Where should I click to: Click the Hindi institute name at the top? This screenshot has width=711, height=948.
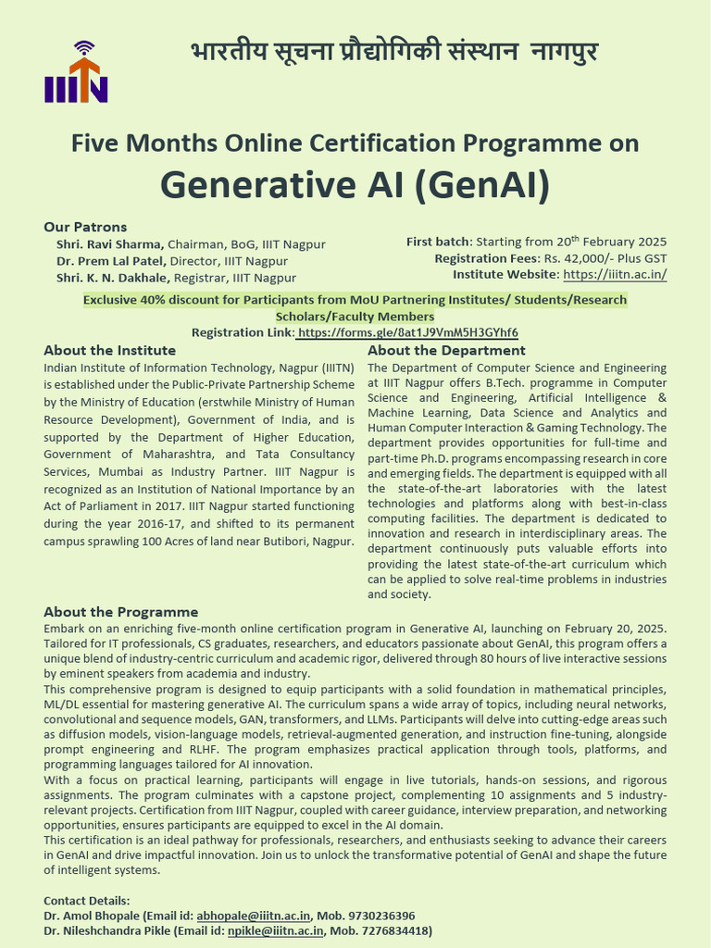pyautogui.click(x=394, y=52)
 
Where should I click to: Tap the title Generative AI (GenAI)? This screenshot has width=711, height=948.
pyautogui.click(x=355, y=184)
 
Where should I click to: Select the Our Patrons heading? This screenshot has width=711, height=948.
pyautogui.click(x=85, y=227)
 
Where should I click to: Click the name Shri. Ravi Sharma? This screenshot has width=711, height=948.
pyautogui.click(x=110, y=244)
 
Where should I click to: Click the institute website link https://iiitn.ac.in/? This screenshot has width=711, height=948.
pyautogui.click(x=615, y=275)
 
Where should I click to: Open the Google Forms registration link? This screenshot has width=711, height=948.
pyautogui.click(x=408, y=333)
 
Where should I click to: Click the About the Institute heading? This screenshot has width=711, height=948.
pyautogui.click(x=109, y=351)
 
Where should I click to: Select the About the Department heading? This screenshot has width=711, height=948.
pyautogui.click(x=446, y=351)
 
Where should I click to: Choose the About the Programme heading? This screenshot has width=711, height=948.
pyautogui.click(x=120, y=612)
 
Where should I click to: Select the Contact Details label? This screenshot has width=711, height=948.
pyautogui.click(x=87, y=901)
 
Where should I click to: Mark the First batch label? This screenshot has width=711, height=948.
pyautogui.click(x=439, y=242)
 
